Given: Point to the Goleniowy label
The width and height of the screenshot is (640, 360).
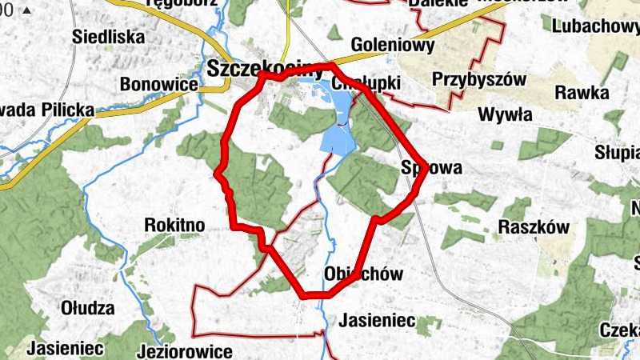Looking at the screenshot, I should click(393, 46).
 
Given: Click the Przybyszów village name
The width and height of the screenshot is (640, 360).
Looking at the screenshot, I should click(478, 79).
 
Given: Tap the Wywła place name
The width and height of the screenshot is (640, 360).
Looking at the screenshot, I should click(505, 114).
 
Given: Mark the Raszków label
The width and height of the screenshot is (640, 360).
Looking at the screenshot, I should click(534, 227).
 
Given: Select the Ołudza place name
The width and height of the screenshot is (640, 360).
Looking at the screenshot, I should click(88, 308).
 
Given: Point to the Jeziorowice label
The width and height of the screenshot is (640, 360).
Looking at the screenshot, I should click(184, 351).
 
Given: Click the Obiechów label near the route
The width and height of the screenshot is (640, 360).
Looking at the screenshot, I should click(364, 274).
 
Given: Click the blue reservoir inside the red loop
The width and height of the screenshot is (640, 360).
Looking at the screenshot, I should click(340, 132).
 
